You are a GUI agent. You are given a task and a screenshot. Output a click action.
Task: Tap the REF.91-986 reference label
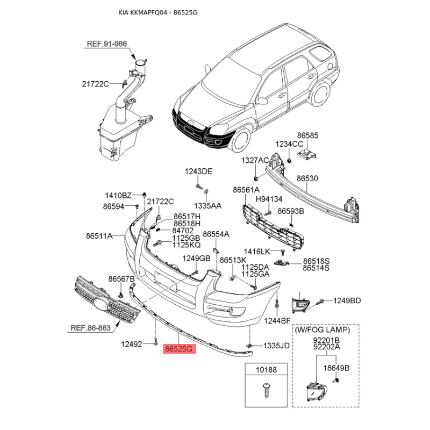(107, 44)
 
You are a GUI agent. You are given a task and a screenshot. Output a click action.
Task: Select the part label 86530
(307, 177)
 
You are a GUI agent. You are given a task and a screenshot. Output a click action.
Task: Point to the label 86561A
(246, 190)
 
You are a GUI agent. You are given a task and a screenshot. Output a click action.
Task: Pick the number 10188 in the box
(266, 370)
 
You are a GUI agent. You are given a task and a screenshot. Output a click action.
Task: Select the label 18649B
(340, 368)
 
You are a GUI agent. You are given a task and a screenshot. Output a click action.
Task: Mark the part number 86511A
(99, 235)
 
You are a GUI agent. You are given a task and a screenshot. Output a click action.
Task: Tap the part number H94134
(269, 199)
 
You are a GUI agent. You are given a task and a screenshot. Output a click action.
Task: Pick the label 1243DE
(199, 171)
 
